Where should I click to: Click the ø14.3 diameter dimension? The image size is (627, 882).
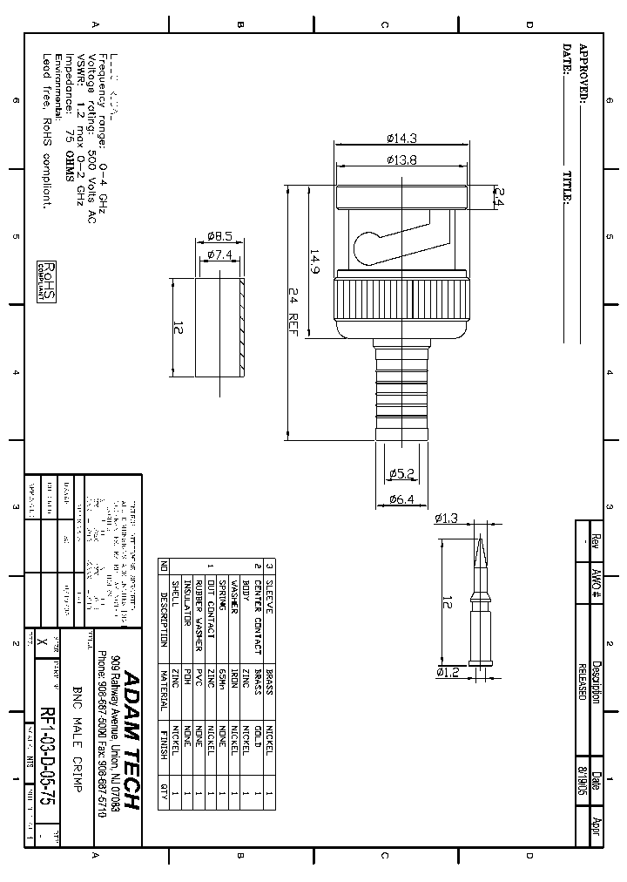pyautogui.click(x=401, y=139)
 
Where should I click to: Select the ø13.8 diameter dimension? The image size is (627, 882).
pyautogui.click(x=401, y=159)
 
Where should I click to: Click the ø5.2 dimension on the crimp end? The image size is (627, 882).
pyautogui.click(x=401, y=473)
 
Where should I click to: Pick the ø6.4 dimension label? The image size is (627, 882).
pyautogui.click(x=401, y=499)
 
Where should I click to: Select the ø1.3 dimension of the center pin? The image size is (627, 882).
pyautogui.click(x=447, y=519)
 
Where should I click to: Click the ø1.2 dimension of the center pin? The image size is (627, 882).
pyautogui.click(x=447, y=672)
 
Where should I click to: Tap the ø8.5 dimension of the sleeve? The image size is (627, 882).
pyautogui.click(x=219, y=236)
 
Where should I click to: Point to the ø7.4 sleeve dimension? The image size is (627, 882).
pyautogui.click(x=219, y=254)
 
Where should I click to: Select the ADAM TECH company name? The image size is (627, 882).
pyautogui.click(x=131, y=740)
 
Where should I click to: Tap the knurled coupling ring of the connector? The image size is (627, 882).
pyautogui.click(x=401, y=297)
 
